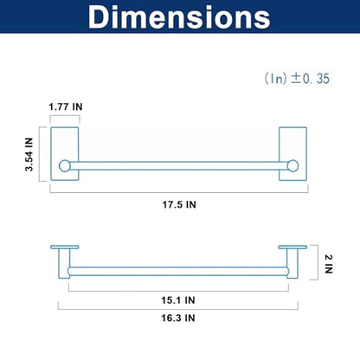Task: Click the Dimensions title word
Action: click(x=179, y=16)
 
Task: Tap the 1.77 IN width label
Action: click(x=66, y=107)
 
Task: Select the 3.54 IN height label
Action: click(x=29, y=154)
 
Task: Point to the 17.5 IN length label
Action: click(x=179, y=205)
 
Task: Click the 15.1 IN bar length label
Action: click(x=178, y=300)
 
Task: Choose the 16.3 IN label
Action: click(x=178, y=318)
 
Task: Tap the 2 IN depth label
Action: click(x=329, y=264)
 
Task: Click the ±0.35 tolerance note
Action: click(x=297, y=79)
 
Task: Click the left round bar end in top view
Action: click(x=65, y=166)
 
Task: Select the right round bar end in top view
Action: click(x=292, y=166)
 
